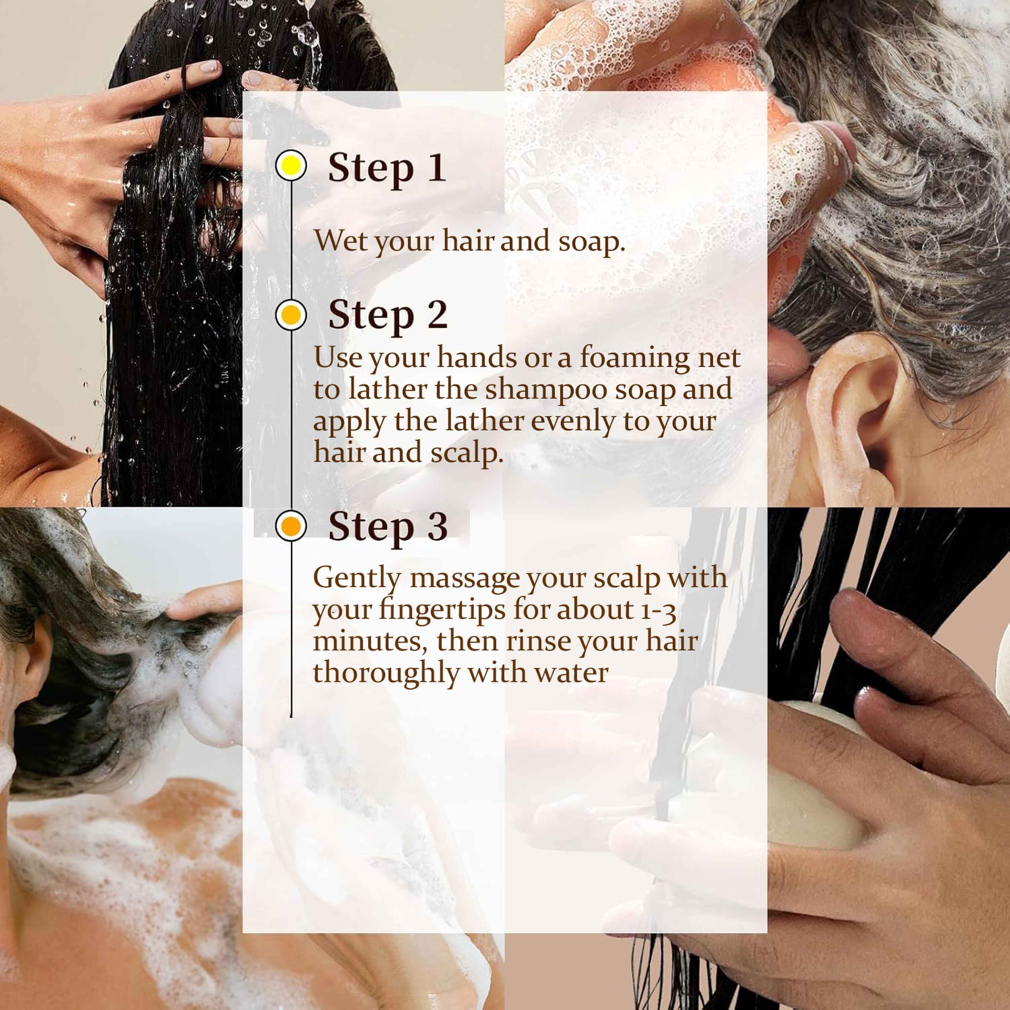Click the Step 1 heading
tap(387, 167)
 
